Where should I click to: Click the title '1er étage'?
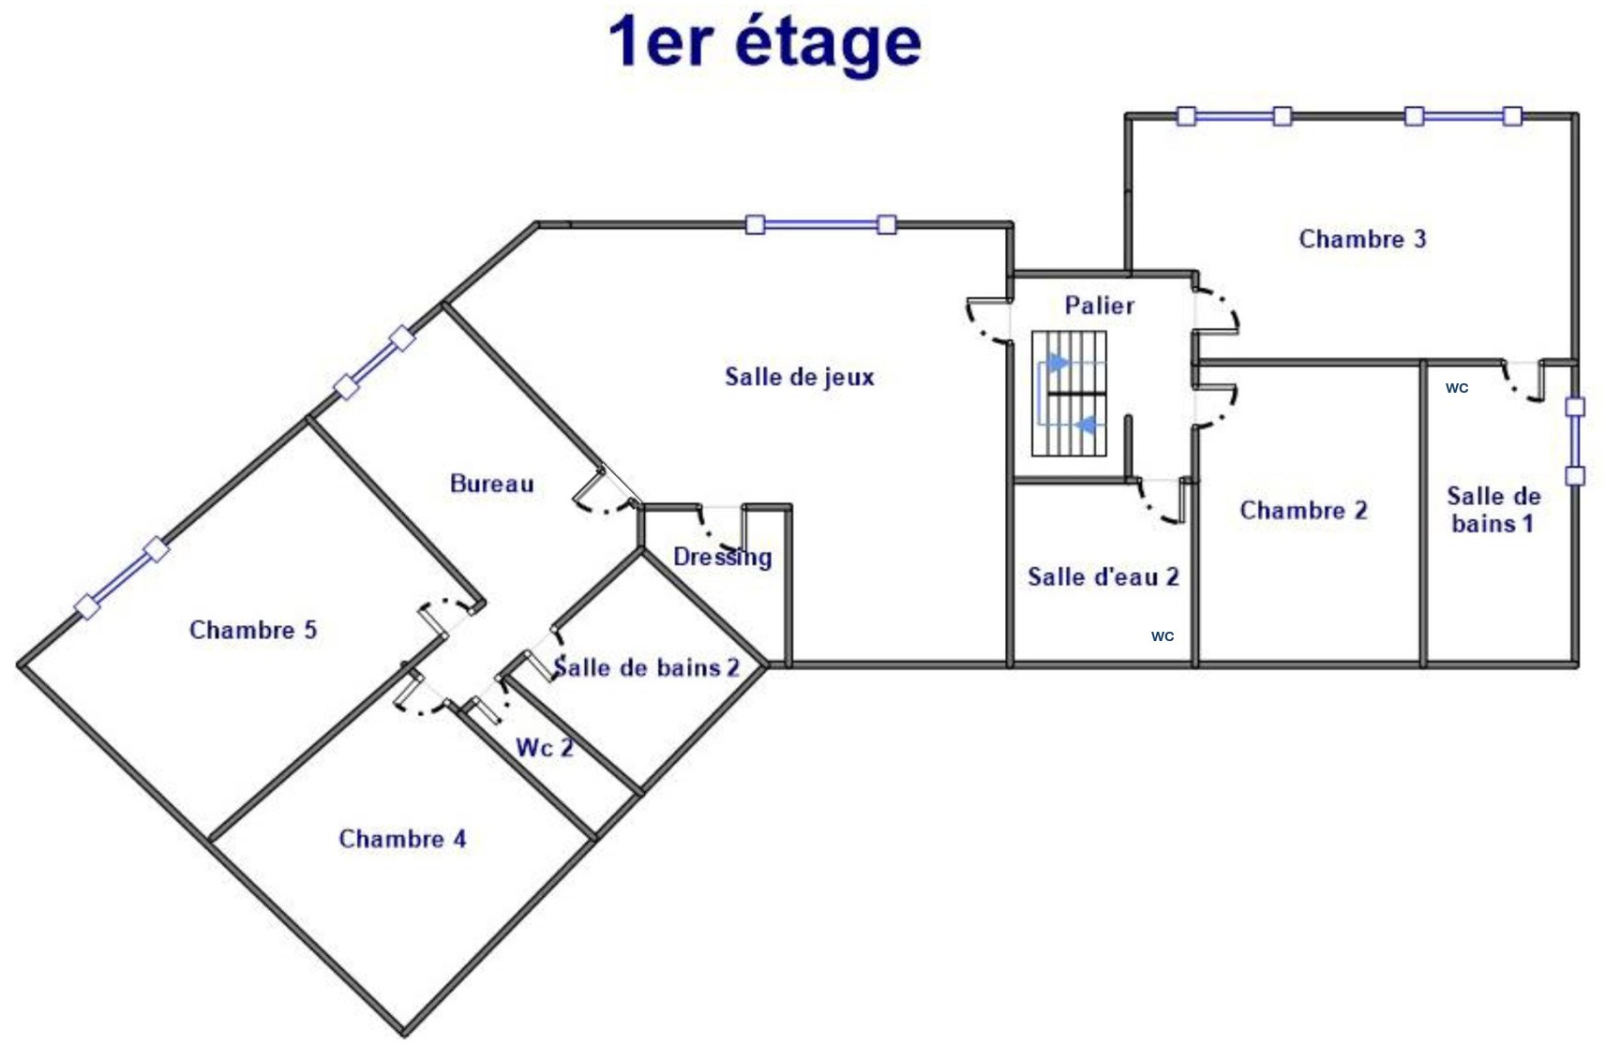pyautogui.click(x=765, y=44)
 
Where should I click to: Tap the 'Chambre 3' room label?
pyautogui.click(x=1362, y=239)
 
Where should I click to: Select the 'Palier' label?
pyautogui.click(x=1099, y=306)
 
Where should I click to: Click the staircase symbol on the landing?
pyautogui.click(x=1069, y=394)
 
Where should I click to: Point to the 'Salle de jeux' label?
pyautogui.click(x=800, y=377)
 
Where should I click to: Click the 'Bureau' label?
pyautogui.click(x=492, y=484)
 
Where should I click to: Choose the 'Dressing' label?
pyautogui.click(x=723, y=557)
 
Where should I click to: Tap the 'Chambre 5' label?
pyautogui.click(x=253, y=630)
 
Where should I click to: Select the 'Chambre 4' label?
pyautogui.click(x=402, y=838)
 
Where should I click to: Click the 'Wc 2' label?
pyautogui.click(x=545, y=748)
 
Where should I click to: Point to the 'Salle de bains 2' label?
pyautogui.click(x=646, y=667)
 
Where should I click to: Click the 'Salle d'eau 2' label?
pyautogui.click(x=1103, y=576)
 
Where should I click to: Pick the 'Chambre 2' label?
pyautogui.click(x=1303, y=510)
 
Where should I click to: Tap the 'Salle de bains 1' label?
pyautogui.click(x=1493, y=509)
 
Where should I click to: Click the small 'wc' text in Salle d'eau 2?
pyautogui.click(x=1163, y=635)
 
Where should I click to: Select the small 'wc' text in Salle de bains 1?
pyautogui.click(x=1457, y=388)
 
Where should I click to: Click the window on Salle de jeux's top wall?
pyautogui.click(x=821, y=225)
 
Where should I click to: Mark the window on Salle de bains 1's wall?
pyautogui.click(x=1574, y=441)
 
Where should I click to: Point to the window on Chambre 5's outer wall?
pyautogui.click(x=123, y=578)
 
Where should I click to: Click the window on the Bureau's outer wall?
pyautogui.click(x=374, y=363)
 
